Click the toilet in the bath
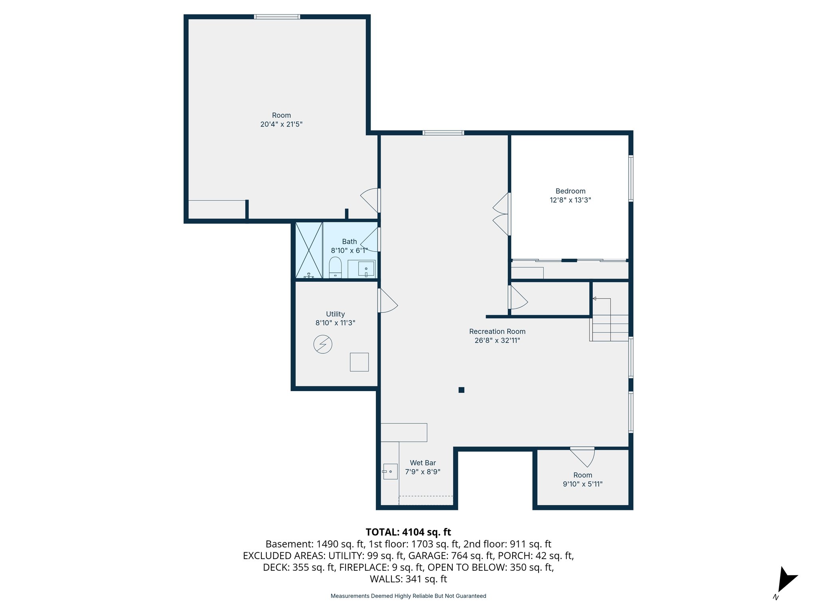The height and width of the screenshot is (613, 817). (335, 267)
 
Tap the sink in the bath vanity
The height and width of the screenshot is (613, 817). (366, 269)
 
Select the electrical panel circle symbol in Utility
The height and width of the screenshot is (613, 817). (323, 344)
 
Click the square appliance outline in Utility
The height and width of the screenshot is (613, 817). (359, 362)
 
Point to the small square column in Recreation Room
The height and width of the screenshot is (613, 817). (461, 390)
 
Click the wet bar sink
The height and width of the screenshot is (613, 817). (390, 471)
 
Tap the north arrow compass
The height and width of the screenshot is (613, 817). (785, 581)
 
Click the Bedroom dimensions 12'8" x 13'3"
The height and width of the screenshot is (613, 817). (570, 200)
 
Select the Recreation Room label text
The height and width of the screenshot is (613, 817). (497, 331)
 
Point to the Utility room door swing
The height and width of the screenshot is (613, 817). (387, 301)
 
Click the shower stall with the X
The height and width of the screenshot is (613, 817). (309, 250)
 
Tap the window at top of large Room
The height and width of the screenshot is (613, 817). (277, 17)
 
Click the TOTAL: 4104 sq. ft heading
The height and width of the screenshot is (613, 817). (408, 532)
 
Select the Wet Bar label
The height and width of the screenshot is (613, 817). (422, 463)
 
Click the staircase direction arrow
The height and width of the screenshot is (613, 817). (594, 299)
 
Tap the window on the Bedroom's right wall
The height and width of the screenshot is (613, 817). (631, 178)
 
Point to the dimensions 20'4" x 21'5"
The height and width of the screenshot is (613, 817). (281, 124)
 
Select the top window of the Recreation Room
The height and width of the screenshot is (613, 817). (443, 133)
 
